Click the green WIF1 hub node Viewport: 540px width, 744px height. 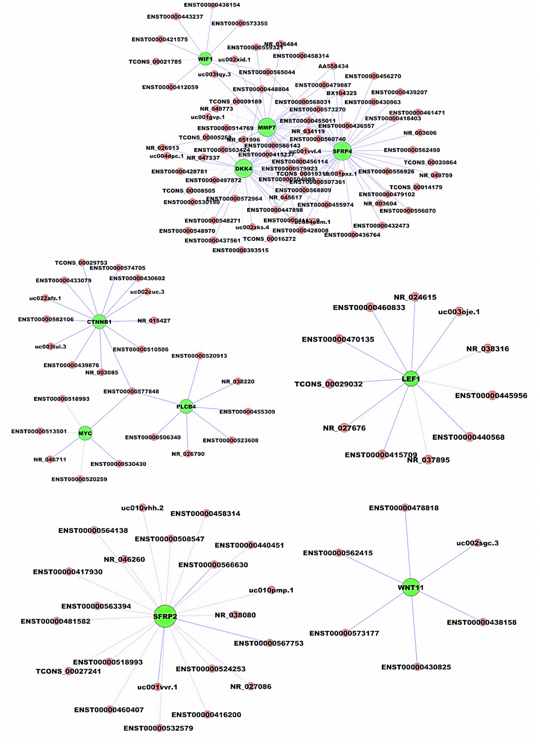coord(205,59)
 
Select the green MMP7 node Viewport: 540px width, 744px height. coord(267,127)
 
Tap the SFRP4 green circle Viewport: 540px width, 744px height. coord(342,151)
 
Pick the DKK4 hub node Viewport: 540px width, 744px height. coord(244,169)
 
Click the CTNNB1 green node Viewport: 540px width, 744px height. coord(99,322)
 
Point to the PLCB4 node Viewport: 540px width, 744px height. coord(186,406)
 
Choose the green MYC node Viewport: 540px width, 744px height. coord(85,433)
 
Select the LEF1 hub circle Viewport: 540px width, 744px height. coord(411,379)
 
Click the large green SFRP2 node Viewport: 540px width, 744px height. coord(165,616)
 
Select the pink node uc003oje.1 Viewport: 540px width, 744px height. coord(460,311)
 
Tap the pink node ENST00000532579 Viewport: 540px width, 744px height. coord(159,728)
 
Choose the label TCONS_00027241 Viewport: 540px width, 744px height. coord(68,671)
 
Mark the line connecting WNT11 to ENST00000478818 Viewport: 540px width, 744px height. coord(408,548)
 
